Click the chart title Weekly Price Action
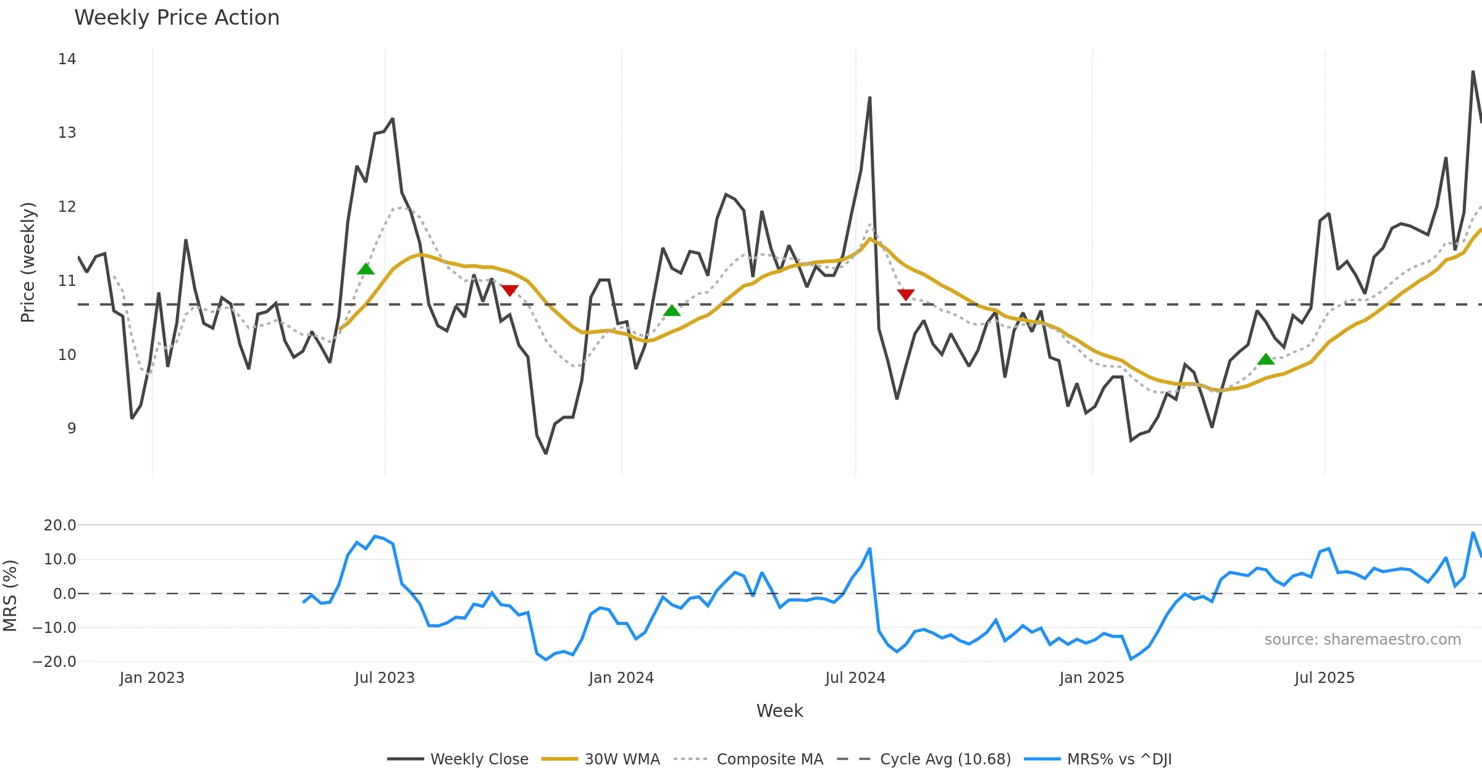point(177,18)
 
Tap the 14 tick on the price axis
point(67,59)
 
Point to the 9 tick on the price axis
point(72,429)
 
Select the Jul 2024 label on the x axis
point(855,678)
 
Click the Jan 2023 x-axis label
point(152,678)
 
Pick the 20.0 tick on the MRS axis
point(60,525)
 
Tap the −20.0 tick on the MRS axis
point(54,662)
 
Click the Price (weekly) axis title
point(28,262)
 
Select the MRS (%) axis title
point(10,595)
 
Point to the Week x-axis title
point(779,711)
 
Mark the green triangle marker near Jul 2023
point(366,269)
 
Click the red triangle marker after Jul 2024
point(905,295)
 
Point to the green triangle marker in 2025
point(1266,359)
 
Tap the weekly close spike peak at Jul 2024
point(869,98)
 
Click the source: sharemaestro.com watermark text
point(1362,640)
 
